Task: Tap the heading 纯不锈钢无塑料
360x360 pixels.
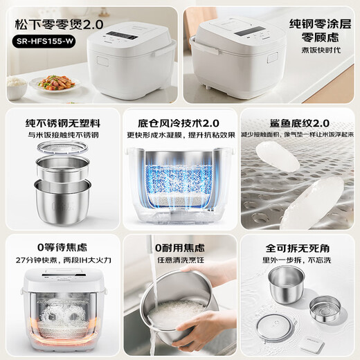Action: click(60, 119)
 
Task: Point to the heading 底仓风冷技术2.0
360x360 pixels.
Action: click(179, 119)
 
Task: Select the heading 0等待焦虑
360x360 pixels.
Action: click(60, 246)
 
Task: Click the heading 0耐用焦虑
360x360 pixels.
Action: click(179, 246)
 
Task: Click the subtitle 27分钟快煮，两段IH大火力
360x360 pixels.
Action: click(60, 261)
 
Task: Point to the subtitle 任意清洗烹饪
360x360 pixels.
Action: click(179, 261)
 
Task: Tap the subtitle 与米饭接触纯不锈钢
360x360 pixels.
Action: click(60, 133)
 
